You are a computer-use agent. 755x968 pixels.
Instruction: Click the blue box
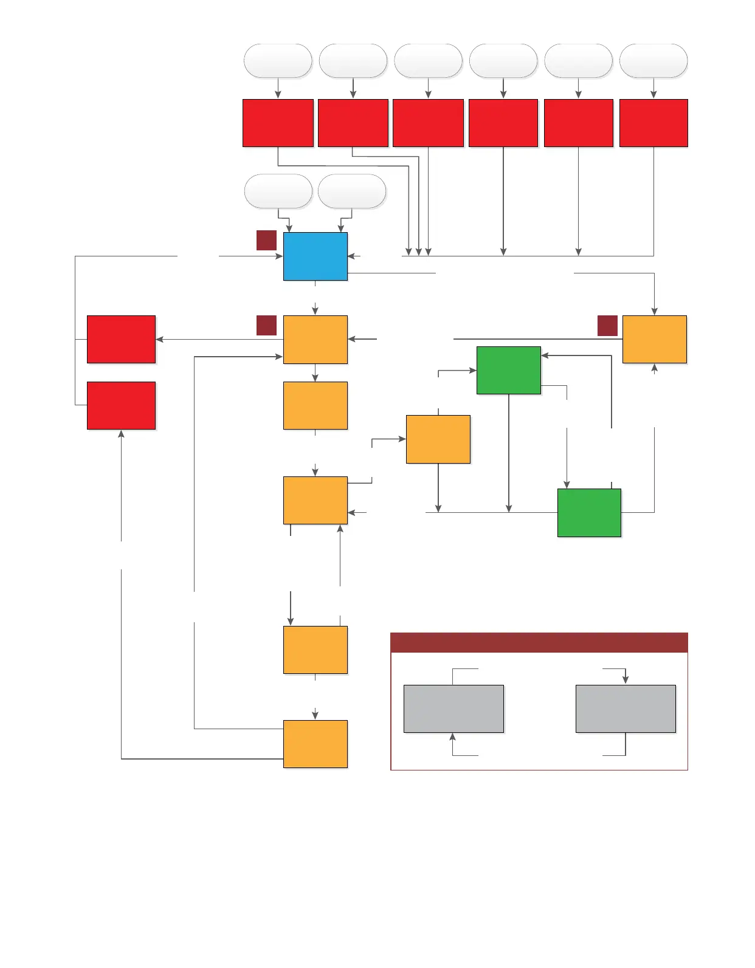click(x=315, y=256)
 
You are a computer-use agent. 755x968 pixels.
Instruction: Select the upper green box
click(x=508, y=370)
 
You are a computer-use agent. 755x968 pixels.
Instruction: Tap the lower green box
click(x=589, y=512)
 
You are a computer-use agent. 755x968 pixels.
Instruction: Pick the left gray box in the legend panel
click(x=453, y=709)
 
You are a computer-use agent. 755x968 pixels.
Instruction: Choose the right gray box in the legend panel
click(x=626, y=709)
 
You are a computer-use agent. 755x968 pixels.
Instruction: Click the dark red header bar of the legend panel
click(x=539, y=642)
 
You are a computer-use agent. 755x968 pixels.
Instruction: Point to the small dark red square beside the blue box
click(x=266, y=240)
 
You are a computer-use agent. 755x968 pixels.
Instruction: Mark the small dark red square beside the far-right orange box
click(x=607, y=326)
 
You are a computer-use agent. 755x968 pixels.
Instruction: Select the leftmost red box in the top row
click(x=278, y=123)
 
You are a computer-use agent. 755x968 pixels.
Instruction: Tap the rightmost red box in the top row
click(x=653, y=123)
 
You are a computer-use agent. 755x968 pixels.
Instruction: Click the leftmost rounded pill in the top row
click(x=278, y=61)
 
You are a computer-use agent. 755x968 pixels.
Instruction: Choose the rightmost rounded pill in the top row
click(x=653, y=61)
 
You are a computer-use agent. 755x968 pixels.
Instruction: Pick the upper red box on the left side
click(x=121, y=339)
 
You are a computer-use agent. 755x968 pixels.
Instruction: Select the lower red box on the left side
click(x=121, y=405)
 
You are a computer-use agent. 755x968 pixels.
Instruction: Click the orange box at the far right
click(x=654, y=339)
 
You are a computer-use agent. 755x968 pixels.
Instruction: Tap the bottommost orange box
click(x=315, y=744)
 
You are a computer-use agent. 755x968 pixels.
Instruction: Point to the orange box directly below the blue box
click(x=315, y=339)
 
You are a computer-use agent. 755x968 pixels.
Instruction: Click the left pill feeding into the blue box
click(x=278, y=191)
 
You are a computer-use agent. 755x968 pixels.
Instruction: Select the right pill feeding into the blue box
click(x=352, y=191)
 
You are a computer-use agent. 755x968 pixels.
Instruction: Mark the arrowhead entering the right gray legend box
click(x=626, y=680)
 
